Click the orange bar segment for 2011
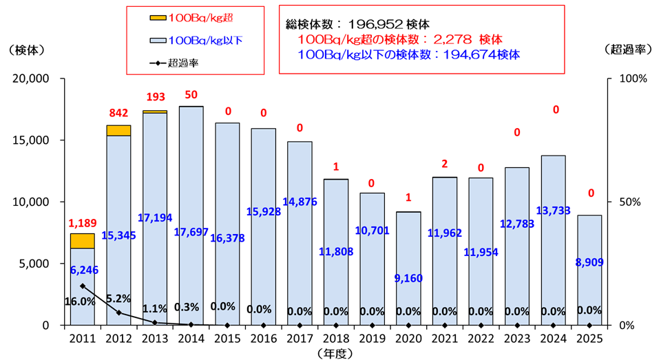(x=83, y=241)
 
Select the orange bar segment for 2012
(x=118, y=130)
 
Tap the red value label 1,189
(x=82, y=223)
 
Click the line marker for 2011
(x=83, y=286)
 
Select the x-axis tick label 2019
(x=372, y=339)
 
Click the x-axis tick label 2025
(x=589, y=339)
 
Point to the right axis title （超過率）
(x=627, y=49)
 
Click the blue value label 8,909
(x=589, y=262)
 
